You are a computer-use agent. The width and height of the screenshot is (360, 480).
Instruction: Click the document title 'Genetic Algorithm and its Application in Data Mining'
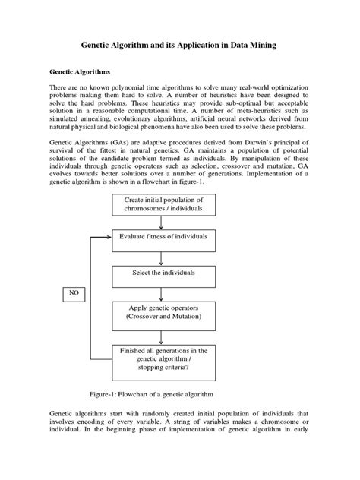179,46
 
